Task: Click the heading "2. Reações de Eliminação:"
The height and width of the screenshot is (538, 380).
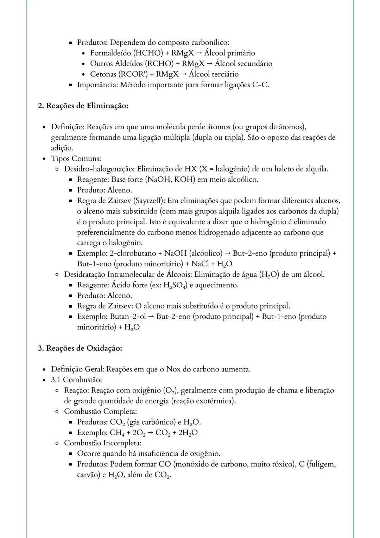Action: [83, 106]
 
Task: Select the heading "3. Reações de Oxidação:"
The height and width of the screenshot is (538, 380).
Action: [80, 348]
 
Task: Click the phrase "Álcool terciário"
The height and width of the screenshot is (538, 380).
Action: [214, 74]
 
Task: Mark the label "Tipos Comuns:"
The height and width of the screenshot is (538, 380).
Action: [76, 158]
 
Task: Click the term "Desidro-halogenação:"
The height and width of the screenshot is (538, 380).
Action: [99, 169]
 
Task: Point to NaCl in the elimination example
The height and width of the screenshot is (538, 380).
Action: [200, 264]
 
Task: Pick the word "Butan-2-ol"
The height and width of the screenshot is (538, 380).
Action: [128, 317]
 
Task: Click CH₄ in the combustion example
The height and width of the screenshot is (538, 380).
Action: [117, 433]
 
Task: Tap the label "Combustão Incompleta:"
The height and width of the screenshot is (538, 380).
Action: [103, 443]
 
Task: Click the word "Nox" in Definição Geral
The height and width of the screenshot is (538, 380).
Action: [173, 369]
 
